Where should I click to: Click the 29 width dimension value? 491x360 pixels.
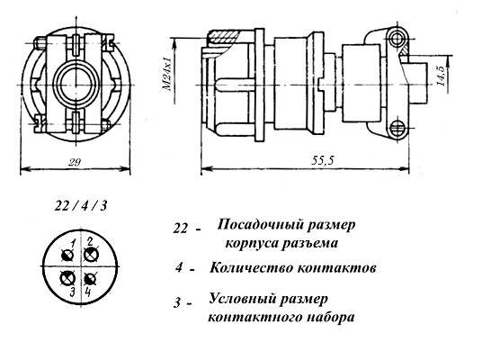tap(75, 162)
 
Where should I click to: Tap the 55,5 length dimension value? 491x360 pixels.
tap(323, 161)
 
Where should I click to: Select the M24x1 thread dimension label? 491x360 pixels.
tap(167, 74)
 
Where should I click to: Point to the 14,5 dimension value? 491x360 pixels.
tap(442, 76)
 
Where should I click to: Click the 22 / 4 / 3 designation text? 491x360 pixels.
tap(81, 206)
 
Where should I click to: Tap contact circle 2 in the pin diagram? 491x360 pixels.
tap(92, 254)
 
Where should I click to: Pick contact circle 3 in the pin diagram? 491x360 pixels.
tap(67, 278)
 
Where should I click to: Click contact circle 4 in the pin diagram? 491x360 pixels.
tap(91, 279)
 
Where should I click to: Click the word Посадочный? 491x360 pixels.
tap(259, 225)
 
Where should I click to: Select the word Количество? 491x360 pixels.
tap(251, 268)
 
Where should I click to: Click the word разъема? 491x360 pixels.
tap(308, 243)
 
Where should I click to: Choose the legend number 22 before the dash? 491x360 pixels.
tap(181, 229)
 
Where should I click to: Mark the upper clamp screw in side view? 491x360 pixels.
tap(397, 38)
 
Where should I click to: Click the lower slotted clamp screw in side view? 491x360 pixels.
tap(398, 129)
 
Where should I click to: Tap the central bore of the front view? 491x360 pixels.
tap(76, 85)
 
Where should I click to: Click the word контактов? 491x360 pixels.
tap(336, 268)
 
